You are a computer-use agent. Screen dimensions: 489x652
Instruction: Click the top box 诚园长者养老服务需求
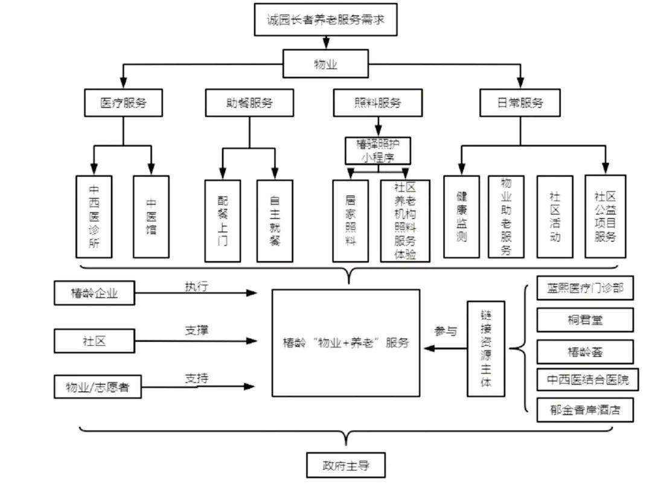coord(325,19)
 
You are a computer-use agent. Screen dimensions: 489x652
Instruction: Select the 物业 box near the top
coord(325,63)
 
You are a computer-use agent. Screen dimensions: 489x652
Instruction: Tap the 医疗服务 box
coord(123,103)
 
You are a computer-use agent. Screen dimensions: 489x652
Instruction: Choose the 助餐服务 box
coord(249,103)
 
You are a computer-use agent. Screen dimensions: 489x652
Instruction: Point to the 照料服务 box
coord(377,103)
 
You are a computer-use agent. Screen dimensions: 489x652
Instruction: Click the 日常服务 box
coord(520,103)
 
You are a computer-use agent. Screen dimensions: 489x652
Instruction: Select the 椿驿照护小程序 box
coord(378,151)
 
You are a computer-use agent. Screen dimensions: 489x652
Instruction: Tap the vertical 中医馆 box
coord(151,216)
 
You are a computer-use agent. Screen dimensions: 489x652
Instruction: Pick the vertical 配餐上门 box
coord(222,220)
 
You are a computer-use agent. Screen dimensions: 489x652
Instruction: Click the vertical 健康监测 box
coord(462,216)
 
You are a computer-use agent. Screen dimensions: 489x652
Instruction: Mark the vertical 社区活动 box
coord(555,216)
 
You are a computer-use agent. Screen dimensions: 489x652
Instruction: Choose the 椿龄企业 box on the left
coord(94,293)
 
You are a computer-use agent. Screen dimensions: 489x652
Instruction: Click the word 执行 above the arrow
coord(196,287)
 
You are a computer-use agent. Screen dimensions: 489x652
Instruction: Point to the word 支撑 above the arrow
coord(197,330)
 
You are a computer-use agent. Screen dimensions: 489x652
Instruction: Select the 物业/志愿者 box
coord(97,387)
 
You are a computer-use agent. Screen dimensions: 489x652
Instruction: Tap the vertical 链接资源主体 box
coord(486,348)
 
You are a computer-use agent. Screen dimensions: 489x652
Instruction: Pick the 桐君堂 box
coord(585,320)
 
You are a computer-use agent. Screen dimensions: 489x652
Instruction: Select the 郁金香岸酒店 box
coord(585,411)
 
